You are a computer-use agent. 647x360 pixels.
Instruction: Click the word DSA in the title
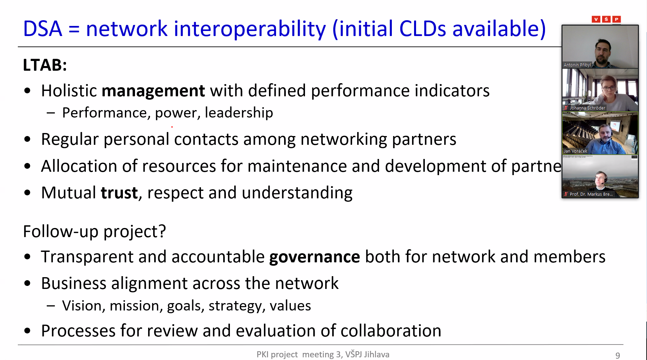pyautogui.click(x=42, y=29)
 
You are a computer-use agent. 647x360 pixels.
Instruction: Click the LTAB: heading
pyautogui.click(x=45, y=65)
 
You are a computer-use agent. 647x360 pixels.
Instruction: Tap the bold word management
pyautogui.click(x=153, y=91)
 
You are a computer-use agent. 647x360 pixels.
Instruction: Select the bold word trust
pyautogui.click(x=119, y=193)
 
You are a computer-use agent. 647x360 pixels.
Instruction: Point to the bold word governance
pyautogui.click(x=314, y=257)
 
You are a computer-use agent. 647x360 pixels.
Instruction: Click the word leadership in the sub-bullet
pyautogui.click(x=239, y=112)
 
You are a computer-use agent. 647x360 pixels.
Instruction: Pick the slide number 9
pyautogui.click(x=618, y=355)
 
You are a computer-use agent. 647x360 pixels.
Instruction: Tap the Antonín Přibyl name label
pyautogui.click(x=577, y=65)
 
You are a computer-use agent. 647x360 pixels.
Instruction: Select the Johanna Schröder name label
pyautogui.click(x=587, y=108)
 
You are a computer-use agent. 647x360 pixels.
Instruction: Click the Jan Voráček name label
pyautogui.click(x=575, y=151)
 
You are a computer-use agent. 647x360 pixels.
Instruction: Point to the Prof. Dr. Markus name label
pyautogui.click(x=591, y=194)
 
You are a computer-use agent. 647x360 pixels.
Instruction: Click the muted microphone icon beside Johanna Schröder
pyautogui.click(x=566, y=108)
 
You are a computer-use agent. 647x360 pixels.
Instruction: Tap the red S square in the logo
pyautogui.click(x=606, y=19)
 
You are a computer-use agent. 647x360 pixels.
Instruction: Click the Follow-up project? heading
pyautogui.click(x=95, y=231)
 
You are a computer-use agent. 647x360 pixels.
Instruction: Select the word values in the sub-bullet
pyautogui.click(x=290, y=306)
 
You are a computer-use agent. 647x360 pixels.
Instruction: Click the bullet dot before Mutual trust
pyautogui.click(x=28, y=193)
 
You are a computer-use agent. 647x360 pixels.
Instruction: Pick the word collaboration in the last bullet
pyautogui.click(x=391, y=331)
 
